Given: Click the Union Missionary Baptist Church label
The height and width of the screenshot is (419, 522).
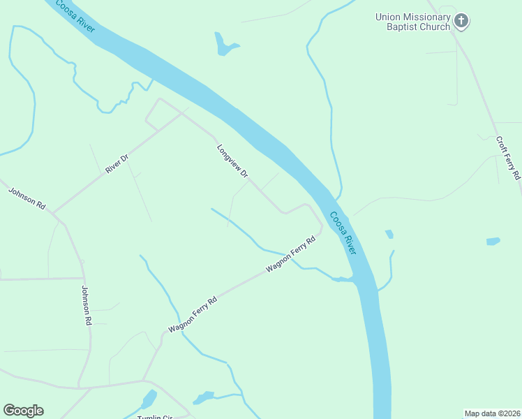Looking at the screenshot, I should click(413, 22).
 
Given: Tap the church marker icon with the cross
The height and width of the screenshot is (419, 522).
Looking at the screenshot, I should click(461, 21).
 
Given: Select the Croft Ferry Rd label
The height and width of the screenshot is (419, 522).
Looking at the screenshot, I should click(509, 158).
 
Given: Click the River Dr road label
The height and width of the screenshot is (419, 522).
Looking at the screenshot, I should click(117, 164).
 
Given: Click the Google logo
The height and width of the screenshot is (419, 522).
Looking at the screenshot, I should click(23, 411).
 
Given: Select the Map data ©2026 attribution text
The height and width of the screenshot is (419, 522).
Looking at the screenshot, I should click(493, 413).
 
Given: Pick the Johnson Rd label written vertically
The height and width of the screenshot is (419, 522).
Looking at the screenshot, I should click(87, 307).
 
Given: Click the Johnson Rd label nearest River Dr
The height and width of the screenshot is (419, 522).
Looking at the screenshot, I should click(27, 198).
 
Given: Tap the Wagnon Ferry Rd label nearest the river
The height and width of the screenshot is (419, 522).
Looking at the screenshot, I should click(290, 253).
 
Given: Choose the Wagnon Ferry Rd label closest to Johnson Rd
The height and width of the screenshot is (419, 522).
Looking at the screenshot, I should click(193, 314).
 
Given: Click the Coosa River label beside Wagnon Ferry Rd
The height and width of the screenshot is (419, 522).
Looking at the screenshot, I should click(343, 233).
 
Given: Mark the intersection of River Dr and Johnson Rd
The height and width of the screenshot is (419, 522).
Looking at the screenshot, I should click(52, 213).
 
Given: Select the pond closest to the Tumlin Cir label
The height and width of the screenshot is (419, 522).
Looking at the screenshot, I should click(149, 400).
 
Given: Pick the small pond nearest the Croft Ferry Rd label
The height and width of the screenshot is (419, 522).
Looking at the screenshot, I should click(493, 242).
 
